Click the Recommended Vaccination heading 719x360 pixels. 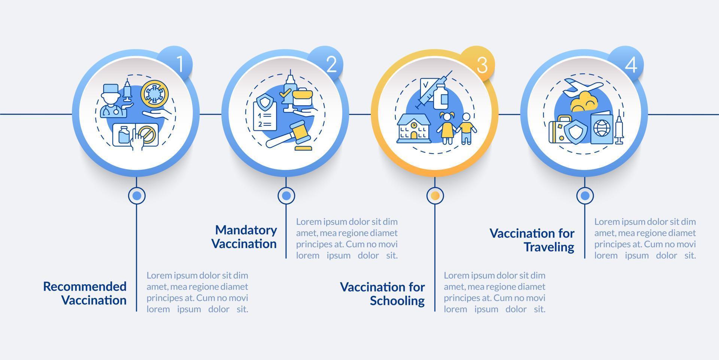(x=85, y=293)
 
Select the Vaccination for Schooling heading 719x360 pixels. (x=382, y=294)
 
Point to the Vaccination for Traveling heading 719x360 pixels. (x=532, y=240)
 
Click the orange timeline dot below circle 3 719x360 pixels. (x=435, y=196)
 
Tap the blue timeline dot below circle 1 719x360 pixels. (x=137, y=196)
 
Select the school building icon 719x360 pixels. (x=413, y=128)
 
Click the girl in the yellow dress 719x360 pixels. (x=447, y=128)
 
